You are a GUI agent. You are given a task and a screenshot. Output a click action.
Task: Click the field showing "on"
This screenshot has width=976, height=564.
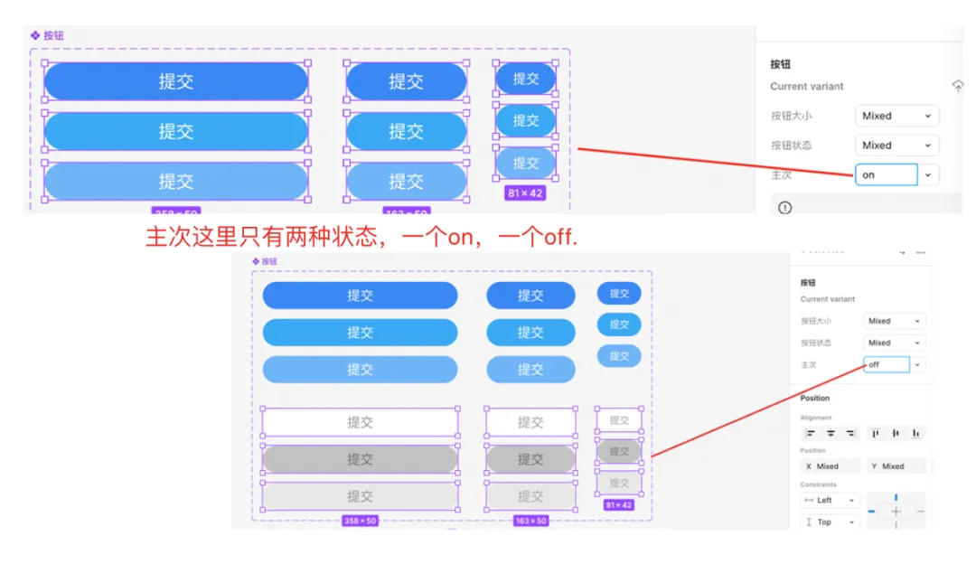[x=886, y=174]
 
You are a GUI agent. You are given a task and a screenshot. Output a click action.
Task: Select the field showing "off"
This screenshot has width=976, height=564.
[x=887, y=364]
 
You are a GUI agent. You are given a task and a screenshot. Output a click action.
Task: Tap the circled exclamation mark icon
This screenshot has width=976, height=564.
[x=784, y=207]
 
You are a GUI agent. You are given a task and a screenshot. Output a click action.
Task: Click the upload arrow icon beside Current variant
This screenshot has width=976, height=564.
[x=958, y=86]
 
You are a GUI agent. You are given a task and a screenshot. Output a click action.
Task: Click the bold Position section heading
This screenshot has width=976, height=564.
[x=814, y=398]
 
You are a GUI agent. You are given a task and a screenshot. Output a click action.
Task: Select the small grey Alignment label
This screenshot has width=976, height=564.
[x=815, y=418]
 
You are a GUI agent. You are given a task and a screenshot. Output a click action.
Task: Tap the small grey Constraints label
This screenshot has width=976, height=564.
[x=817, y=484]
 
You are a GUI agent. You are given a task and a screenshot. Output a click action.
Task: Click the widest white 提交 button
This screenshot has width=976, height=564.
[x=360, y=422]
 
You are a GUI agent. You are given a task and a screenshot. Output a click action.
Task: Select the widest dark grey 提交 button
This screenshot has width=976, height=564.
[x=360, y=459]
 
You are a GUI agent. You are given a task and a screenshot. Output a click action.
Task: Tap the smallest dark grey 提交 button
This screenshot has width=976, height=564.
[x=619, y=451]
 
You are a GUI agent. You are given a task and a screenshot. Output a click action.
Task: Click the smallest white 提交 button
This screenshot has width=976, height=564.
[x=619, y=420]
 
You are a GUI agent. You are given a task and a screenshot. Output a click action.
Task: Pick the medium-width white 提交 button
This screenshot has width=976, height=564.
[x=530, y=422]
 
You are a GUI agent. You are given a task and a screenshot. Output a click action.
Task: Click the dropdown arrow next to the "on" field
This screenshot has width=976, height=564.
[x=928, y=174]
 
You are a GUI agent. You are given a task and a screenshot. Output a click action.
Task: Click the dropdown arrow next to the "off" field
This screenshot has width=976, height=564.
[x=918, y=364]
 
